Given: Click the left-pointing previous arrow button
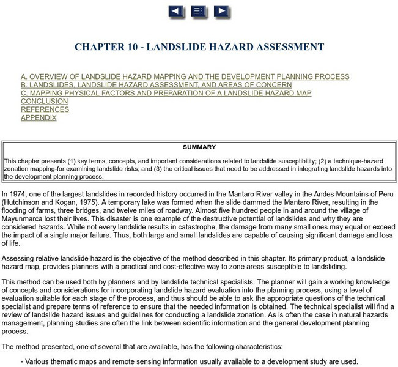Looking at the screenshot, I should coord(175,11).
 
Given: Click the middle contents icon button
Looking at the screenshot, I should coord(199,11).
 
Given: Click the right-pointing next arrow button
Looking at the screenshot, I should coord(221,11).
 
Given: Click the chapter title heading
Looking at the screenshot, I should coord(199,47).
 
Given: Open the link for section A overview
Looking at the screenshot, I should coord(185,77).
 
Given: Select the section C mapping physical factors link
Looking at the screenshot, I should coord(166,94).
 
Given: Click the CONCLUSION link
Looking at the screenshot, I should coord(45,102).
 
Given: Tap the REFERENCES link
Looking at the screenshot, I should coord(45,109).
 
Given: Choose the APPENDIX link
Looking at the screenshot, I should coord(39,118).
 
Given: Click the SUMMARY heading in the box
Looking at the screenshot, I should coord(199,147).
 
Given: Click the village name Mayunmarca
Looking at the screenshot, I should coord(28,219).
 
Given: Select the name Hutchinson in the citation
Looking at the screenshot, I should coord(26,202).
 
